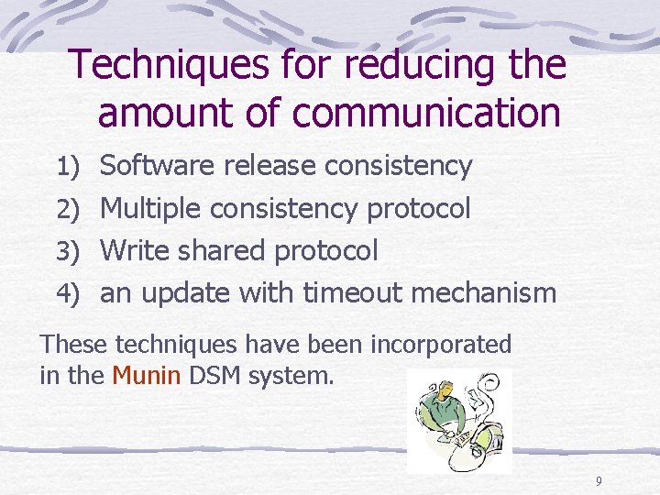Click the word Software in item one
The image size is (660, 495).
157,167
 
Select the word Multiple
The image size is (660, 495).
150,210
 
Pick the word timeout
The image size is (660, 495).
353,293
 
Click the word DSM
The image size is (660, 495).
213,376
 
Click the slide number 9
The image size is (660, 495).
599,482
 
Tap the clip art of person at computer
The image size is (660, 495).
458,420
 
